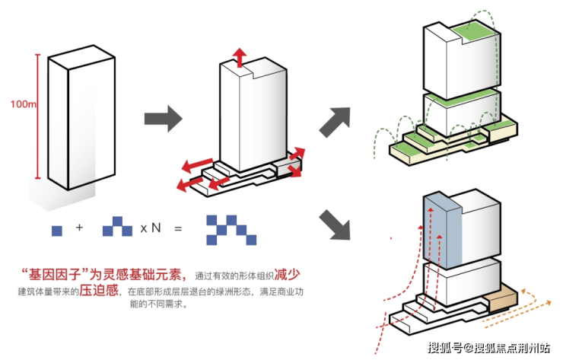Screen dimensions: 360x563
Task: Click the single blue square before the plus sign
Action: (x=56, y=229)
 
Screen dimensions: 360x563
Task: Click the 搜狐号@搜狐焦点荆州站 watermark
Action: (x=488, y=349)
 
